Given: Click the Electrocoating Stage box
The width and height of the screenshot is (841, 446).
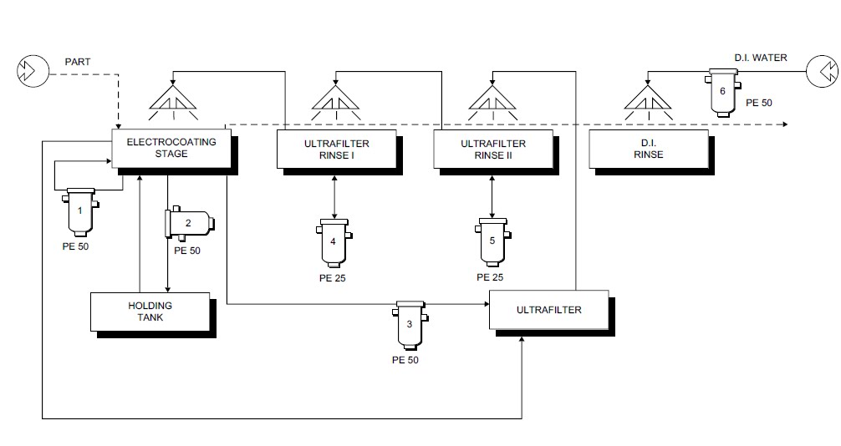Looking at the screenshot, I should tap(171, 149).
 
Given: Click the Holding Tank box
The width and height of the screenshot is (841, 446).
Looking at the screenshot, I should tap(150, 312).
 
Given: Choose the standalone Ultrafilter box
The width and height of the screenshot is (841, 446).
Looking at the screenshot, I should tap(548, 310).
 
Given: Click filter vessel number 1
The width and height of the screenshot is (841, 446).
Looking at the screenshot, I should tap(80, 211).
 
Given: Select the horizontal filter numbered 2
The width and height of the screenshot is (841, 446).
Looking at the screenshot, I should tap(189, 223).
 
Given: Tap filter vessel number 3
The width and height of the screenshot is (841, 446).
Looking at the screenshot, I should tap(410, 325).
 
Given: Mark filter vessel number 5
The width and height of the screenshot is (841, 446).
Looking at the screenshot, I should tap(492, 241).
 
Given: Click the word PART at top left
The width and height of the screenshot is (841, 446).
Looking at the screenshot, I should tap(79, 63).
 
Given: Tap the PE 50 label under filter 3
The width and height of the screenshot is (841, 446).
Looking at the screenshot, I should tap(405, 360).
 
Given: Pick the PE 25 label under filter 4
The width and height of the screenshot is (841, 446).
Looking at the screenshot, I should tap(332, 277).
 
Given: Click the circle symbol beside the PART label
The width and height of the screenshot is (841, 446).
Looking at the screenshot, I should tap(32, 72).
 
